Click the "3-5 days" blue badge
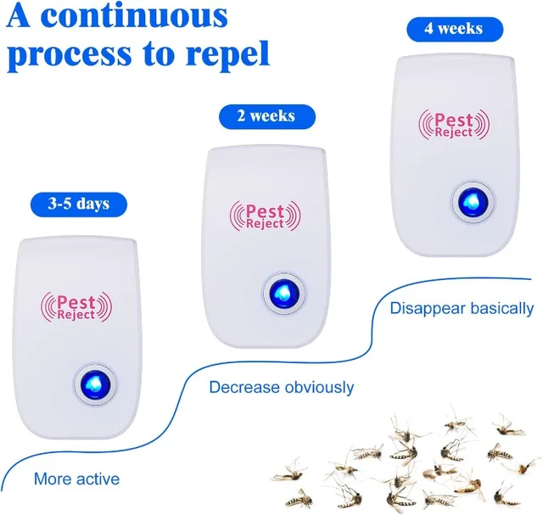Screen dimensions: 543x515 pyautogui.click(x=79, y=204)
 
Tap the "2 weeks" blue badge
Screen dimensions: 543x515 pyautogui.click(x=267, y=116)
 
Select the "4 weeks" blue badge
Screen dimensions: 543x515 pyautogui.click(x=455, y=29)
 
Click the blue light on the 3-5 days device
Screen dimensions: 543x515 pyautogui.click(x=96, y=384)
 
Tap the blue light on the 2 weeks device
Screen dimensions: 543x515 pyautogui.click(x=284, y=294)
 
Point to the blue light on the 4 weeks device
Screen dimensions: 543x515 pyautogui.click(x=473, y=202)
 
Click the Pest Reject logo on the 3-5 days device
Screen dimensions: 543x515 pyautogui.click(x=76, y=307)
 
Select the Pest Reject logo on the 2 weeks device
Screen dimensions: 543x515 pyautogui.click(x=266, y=216)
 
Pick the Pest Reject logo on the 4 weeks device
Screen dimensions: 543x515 pyautogui.click(x=454, y=125)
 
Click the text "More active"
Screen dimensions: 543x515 pyautogui.click(x=77, y=479)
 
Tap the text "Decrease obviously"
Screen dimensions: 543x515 pyautogui.click(x=282, y=387)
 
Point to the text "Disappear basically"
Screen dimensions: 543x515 pyautogui.click(x=462, y=308)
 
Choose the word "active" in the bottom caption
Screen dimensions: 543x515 pyautogui.click(x=98, y=479)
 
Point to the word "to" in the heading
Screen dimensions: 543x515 pyautogui.click(x=158, y=55)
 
